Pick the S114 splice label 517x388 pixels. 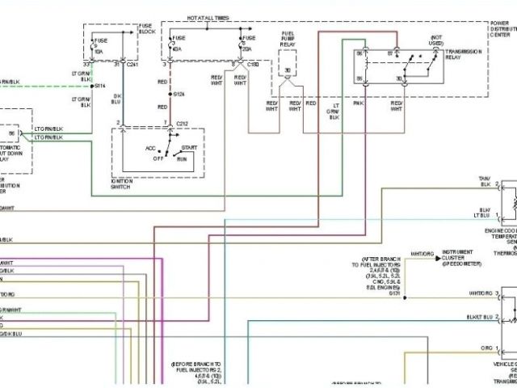coord(100,85)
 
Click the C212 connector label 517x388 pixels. coord(182,123)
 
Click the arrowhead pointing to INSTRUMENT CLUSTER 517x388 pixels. coord(438,259)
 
